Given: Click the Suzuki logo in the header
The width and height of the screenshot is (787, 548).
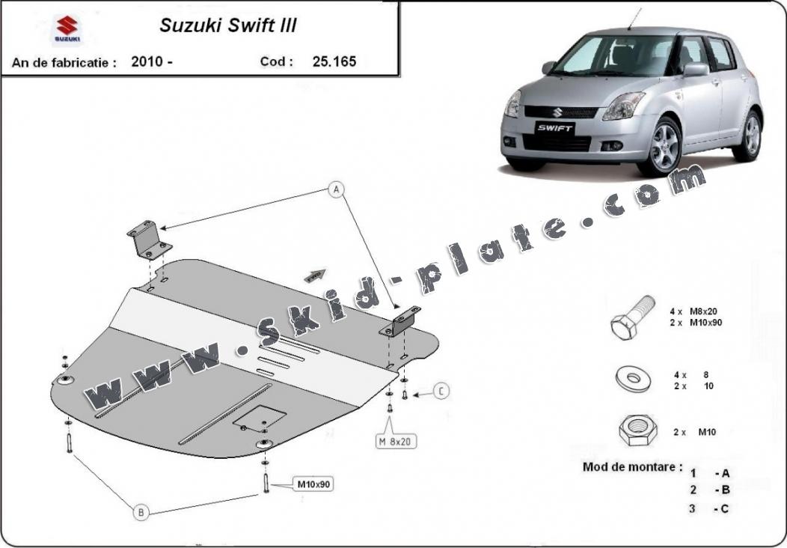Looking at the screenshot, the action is point(67,29).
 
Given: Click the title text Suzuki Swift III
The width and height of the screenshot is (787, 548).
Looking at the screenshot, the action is point(228,25).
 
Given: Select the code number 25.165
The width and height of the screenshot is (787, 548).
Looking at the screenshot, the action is point(334,61).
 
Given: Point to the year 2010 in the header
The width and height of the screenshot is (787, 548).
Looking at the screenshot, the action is point(147,61).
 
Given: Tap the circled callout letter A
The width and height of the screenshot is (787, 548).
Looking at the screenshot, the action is point(337,189).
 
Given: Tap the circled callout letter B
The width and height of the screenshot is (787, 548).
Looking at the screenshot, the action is point(141,512).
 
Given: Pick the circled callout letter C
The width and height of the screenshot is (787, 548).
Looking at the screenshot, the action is point(441,391).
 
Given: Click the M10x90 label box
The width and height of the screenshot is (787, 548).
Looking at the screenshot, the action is point(313,484).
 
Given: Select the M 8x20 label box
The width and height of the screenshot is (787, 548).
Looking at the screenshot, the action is point(396,442).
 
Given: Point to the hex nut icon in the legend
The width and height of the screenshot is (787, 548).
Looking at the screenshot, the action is point(638,431).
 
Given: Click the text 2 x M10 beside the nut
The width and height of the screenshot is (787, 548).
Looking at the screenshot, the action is point(695,432).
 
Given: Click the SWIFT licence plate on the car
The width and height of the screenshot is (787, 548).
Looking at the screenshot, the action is point(554,128).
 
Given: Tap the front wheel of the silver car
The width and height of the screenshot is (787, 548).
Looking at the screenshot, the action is point(666,147).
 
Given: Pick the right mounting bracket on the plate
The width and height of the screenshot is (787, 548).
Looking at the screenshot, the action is point(400,321).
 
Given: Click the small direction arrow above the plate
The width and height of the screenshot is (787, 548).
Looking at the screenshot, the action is point(315,275).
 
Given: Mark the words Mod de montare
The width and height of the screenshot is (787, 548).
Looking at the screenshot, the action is point(632,466).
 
